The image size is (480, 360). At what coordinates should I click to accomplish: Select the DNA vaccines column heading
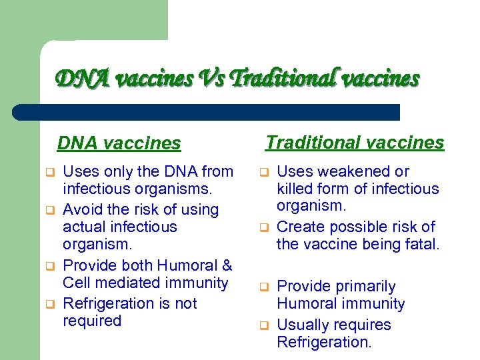click(x=119, y=143)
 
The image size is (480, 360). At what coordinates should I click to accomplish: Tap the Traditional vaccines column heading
click(x=355, y=143)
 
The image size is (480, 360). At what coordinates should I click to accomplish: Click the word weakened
click(x=350, y=172)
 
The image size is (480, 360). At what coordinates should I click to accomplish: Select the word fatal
click(x=423, y=245)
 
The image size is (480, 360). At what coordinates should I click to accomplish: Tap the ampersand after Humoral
click(x=226, y=265)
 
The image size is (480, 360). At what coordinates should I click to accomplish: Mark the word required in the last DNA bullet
click(x=92, y=321)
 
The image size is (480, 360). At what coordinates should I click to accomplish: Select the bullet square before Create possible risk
click(x=263, y=228)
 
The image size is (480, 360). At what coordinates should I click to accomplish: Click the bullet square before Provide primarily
click(x=263, y=287)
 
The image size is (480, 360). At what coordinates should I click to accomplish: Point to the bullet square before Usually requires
click(x=263, y=326)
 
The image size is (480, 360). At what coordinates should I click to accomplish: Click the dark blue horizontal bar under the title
click(x=207, y=112)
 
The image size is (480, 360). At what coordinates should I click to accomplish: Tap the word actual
click(x=85, y=227)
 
